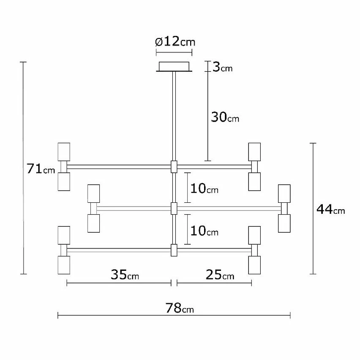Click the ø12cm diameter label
pyautogui.click(x=175, y=42)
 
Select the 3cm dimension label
pyautogui.click(x=222, y=67)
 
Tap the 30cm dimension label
pyautogui.click(x=225, y=117)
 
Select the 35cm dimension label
pyautogui.click(x=125, y=275)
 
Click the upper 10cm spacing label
pyautogui.click(x=204, y=188)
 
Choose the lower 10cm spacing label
pyautogui.click(x=204, y=231)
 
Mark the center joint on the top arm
pyautogui.click(x=173, y=166)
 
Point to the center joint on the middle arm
pyautogui.click(x=173, y=208)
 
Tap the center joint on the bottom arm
pyautogui.click(x=173, y=250)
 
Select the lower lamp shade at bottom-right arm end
pyautogui.click(x=254, y=265)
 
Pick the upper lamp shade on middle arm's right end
pyautogui.click(x=284, y=193)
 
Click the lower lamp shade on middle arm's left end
pyautogui.click(x=93, y=223)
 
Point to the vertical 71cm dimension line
pyautogui.click(x=24, y=211)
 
